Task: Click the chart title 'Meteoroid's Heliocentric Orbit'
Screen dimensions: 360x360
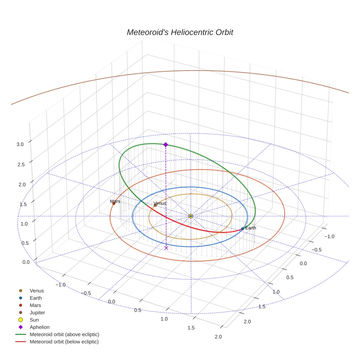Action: [180, 33]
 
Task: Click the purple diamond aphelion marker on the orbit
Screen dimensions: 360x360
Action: [166, 145]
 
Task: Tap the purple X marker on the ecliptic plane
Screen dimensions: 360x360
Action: [166, 248]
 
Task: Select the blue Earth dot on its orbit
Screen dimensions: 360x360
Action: [243, 229]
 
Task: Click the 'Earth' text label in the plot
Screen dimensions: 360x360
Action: [251, 228]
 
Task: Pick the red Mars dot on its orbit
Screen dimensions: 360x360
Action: [114, 203]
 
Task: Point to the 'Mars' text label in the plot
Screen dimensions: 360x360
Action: [115, 201]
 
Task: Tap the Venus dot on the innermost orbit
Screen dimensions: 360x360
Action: [155, 205]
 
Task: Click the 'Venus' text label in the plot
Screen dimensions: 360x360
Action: [160, 203]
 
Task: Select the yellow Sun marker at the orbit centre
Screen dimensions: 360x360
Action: [191, 216]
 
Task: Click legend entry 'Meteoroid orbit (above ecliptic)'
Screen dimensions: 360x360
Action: [64, 334]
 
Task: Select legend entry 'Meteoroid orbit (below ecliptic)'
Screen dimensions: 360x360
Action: [64, 342]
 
